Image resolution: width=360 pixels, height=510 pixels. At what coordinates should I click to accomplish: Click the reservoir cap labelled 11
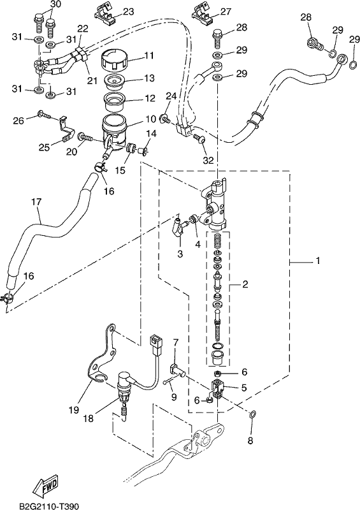pos(113,60)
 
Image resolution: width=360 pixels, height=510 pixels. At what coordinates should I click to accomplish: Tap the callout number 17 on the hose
pos(36,201)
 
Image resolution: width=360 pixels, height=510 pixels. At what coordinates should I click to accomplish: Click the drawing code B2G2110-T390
pos(49,506)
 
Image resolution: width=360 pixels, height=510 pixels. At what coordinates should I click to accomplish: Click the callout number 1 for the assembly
pos(318,261)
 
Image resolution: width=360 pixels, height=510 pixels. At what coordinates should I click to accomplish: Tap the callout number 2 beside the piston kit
pos(245,284)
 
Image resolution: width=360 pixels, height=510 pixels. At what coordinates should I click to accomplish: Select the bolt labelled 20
pos(85,138)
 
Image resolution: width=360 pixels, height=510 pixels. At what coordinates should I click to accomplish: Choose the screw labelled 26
pos(44,114)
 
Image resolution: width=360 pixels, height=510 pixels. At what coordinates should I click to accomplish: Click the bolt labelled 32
pos(198,140)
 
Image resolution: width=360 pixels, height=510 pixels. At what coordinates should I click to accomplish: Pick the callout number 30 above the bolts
pos(55,4)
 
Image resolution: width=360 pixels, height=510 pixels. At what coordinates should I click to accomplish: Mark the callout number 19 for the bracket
pos(74,410)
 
